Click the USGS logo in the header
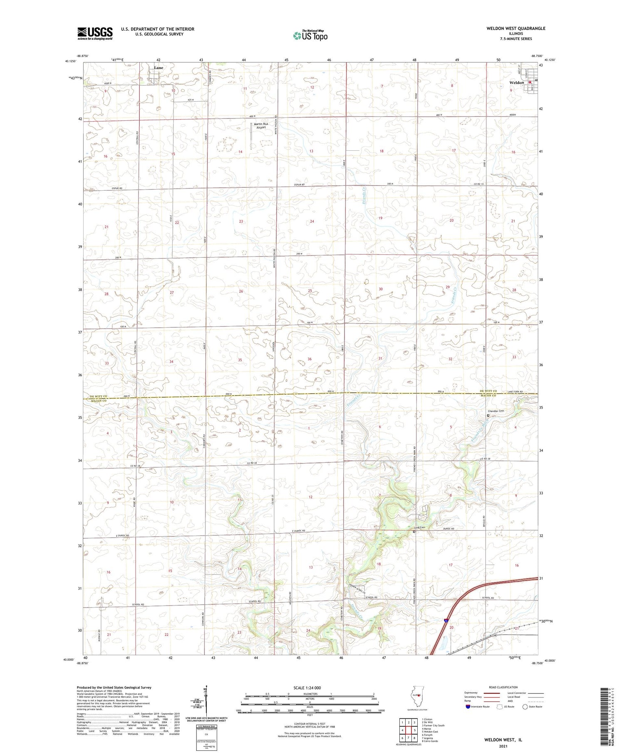tap(95, 33)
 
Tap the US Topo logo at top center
tap(310, 35)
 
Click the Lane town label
tap(158, 67)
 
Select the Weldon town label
tap(517, 82)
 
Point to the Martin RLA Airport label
tap(260, 126)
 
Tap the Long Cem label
tap(421, 528)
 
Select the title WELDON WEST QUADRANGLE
tap(516, 28)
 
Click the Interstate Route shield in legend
tap(468, 707)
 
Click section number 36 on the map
tap(310, 359)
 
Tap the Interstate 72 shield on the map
tap(446, 621)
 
